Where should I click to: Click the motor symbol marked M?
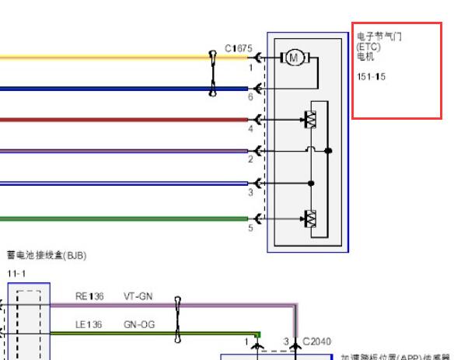[x=294, y=57]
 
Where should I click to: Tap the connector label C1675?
[x=239, y=49]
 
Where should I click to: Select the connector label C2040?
[x=316, y=341]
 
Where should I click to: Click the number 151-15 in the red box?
[x=371, y=77]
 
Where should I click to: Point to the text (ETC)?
[x=368, y=47]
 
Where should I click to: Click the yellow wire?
[x=101, y=58]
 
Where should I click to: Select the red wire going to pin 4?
[x=117, y=120]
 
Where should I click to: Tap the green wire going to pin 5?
[x=117, y=218]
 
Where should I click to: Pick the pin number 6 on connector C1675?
[x=250, y=97]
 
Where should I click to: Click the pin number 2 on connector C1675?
[x=250, y=159]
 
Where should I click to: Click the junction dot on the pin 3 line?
[x=311, y=183]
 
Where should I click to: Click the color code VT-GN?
[x=138, y=296]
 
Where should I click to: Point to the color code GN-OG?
[x=138, y=323]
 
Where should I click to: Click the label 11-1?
[x=16, y=274]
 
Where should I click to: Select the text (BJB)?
[x=75, y=254]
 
